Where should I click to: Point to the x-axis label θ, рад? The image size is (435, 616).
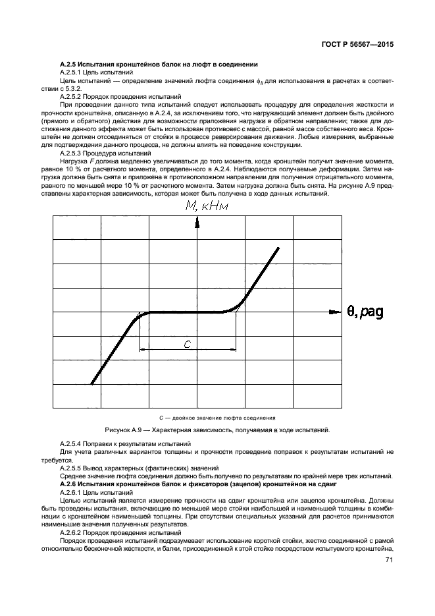click(367, 311)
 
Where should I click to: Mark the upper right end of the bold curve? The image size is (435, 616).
click(278, 248)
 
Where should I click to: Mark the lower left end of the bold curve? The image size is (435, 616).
click(91, 383)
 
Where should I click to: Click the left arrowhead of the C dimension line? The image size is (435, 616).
click(143, 350)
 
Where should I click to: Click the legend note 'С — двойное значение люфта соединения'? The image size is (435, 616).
click(217, 418)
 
